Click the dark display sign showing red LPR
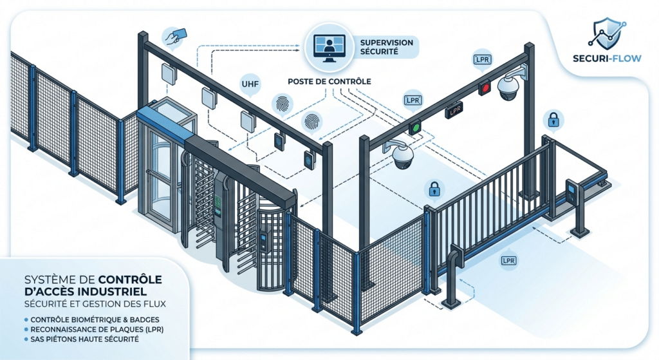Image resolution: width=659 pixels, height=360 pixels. [x=455, y=110]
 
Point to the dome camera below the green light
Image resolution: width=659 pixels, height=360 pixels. [x=404, y=155]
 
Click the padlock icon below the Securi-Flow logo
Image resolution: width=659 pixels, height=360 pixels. [x=553, y=118]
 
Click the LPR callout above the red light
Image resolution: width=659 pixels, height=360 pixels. [x=481, y=60]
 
